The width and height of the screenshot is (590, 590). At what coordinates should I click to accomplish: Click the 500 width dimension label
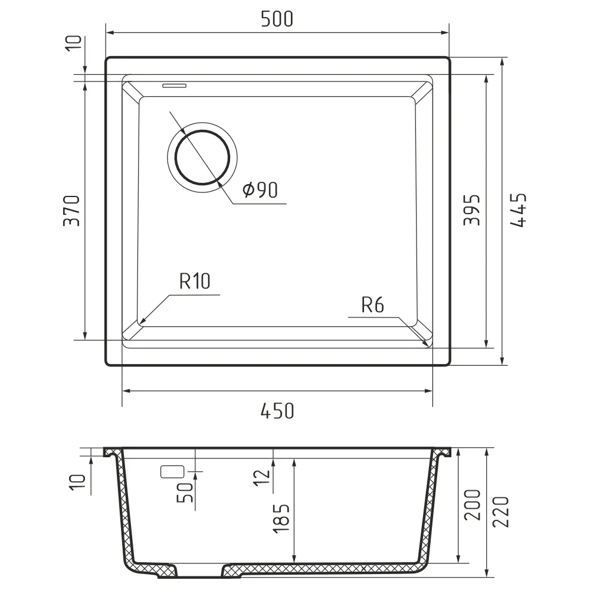pos(277,19)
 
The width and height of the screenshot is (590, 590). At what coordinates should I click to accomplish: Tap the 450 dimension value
pos(277,411)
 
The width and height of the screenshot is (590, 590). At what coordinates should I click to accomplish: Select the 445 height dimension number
pos(518,211)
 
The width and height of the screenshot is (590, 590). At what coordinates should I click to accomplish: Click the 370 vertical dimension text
pos(72,211)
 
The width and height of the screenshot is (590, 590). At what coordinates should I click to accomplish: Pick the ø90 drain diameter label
pos(260,189)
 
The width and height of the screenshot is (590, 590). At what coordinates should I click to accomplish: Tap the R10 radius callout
pos(195,281)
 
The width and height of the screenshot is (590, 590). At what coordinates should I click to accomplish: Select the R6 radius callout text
pos(372,305)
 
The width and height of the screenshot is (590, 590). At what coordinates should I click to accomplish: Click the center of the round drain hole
pos(202,158)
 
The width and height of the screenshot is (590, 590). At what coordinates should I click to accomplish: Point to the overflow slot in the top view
pos(174,86)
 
